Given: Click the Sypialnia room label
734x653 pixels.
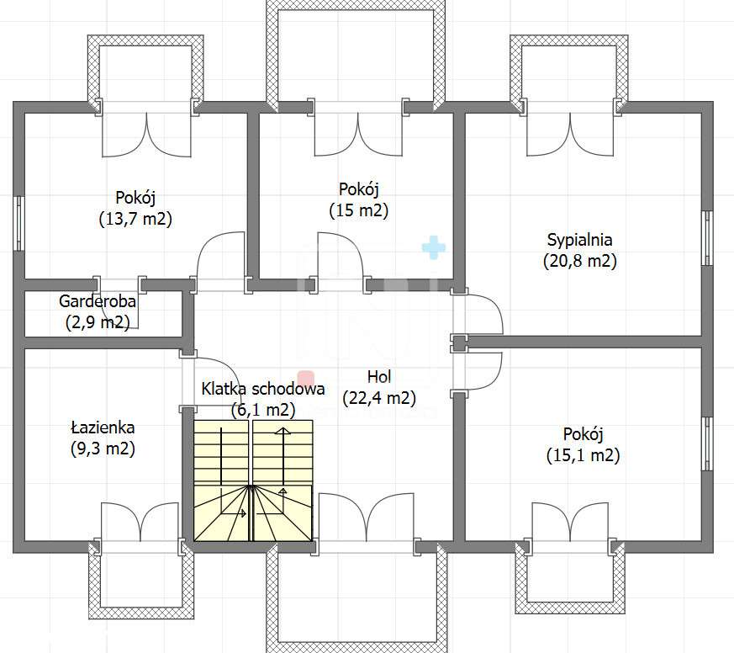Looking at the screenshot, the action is pyautogui.click(x=579, y=240).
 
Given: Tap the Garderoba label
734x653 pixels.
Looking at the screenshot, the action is pyautogui.click(x=98, y=301).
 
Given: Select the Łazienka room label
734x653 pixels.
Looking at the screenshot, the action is pyautogui.click(x=103, y=427).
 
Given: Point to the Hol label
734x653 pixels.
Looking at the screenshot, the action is pyautogui.click(x=379, y=377).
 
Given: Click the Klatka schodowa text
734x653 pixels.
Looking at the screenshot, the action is pyautogui.click(x=263, y=389).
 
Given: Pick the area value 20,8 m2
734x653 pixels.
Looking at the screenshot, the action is pyautogui.click(x=580, y=261).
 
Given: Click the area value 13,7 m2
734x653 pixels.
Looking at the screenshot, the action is pyautogui.click(x=135, y=219).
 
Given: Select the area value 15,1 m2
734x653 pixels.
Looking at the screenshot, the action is pyautogui.click(x=584, y=455).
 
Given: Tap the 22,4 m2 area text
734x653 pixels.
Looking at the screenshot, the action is pyautogui.click(x=379, y=398).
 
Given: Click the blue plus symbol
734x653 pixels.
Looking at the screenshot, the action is pyautogui.click(x=434, y=247).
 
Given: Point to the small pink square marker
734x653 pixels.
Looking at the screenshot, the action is pyautogui.click(x=306, y=378).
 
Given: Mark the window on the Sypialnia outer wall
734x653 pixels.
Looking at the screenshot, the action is pyautogui.click(x=707, y=238).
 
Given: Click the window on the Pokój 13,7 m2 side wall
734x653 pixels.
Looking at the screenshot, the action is pyautogui.click(x=18, y=224).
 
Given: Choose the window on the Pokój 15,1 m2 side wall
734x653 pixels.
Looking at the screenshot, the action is pyautogui.click(x=707, y=443).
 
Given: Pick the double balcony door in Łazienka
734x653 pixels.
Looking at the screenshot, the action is pyautogui.click(x=140, y=522).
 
